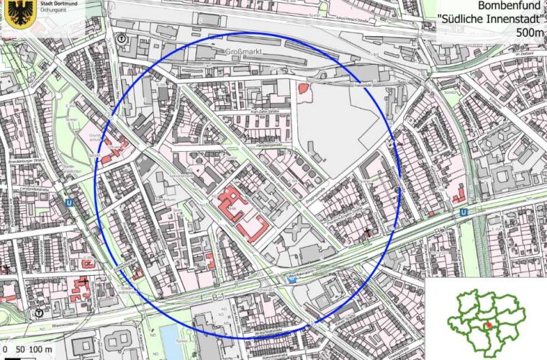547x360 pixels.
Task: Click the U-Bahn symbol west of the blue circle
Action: (69, 204)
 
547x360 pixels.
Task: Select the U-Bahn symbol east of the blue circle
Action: (464, 212)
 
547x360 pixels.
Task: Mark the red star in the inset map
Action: (489, 325)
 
